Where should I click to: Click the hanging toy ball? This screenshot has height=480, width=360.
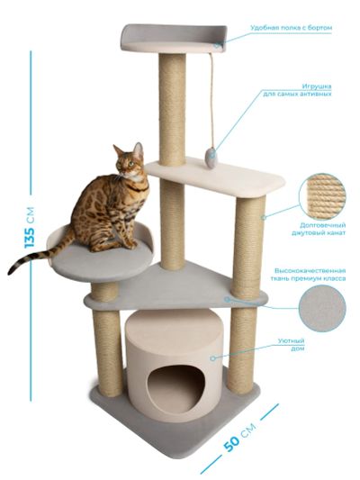(211, 157)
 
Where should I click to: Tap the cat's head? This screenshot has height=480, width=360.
(129, 160)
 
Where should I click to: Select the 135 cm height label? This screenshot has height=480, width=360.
(30, 228)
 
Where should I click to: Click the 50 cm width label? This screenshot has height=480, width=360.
(239, 437)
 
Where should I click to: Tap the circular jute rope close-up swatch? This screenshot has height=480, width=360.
(322, 196)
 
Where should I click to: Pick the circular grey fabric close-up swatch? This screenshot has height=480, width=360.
(322, 309)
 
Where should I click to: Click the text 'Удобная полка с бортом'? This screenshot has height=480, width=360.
(292, 28)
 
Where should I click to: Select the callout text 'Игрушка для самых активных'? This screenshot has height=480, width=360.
(297, 90)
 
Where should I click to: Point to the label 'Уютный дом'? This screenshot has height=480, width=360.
(295, 344)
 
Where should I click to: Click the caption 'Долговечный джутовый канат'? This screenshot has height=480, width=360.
(319, 229)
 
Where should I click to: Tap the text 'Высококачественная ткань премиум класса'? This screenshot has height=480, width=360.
(308, 275)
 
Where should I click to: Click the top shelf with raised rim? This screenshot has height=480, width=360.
(174, 39)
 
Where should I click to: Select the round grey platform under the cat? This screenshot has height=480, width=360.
(103, 262)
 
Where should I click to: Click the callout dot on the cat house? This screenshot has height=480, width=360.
(213, 358)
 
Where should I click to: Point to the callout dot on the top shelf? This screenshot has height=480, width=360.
(217, 45)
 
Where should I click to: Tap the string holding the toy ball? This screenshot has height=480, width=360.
(211, 100)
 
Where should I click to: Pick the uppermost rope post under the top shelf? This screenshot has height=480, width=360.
(172, 110)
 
